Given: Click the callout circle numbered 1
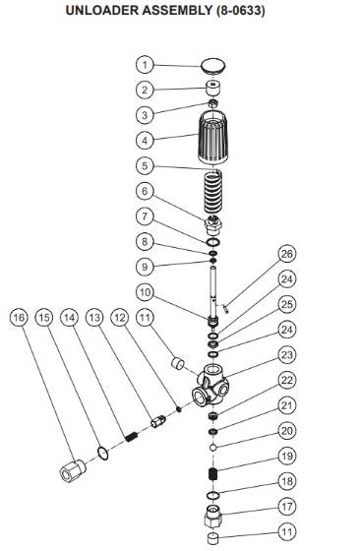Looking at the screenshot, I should click(x=144, y=65).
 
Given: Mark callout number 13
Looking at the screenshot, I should click(x=94, y=318).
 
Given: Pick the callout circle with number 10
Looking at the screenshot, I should click(x=144, y=292).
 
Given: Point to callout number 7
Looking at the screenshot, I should click(x=144, y=216).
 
